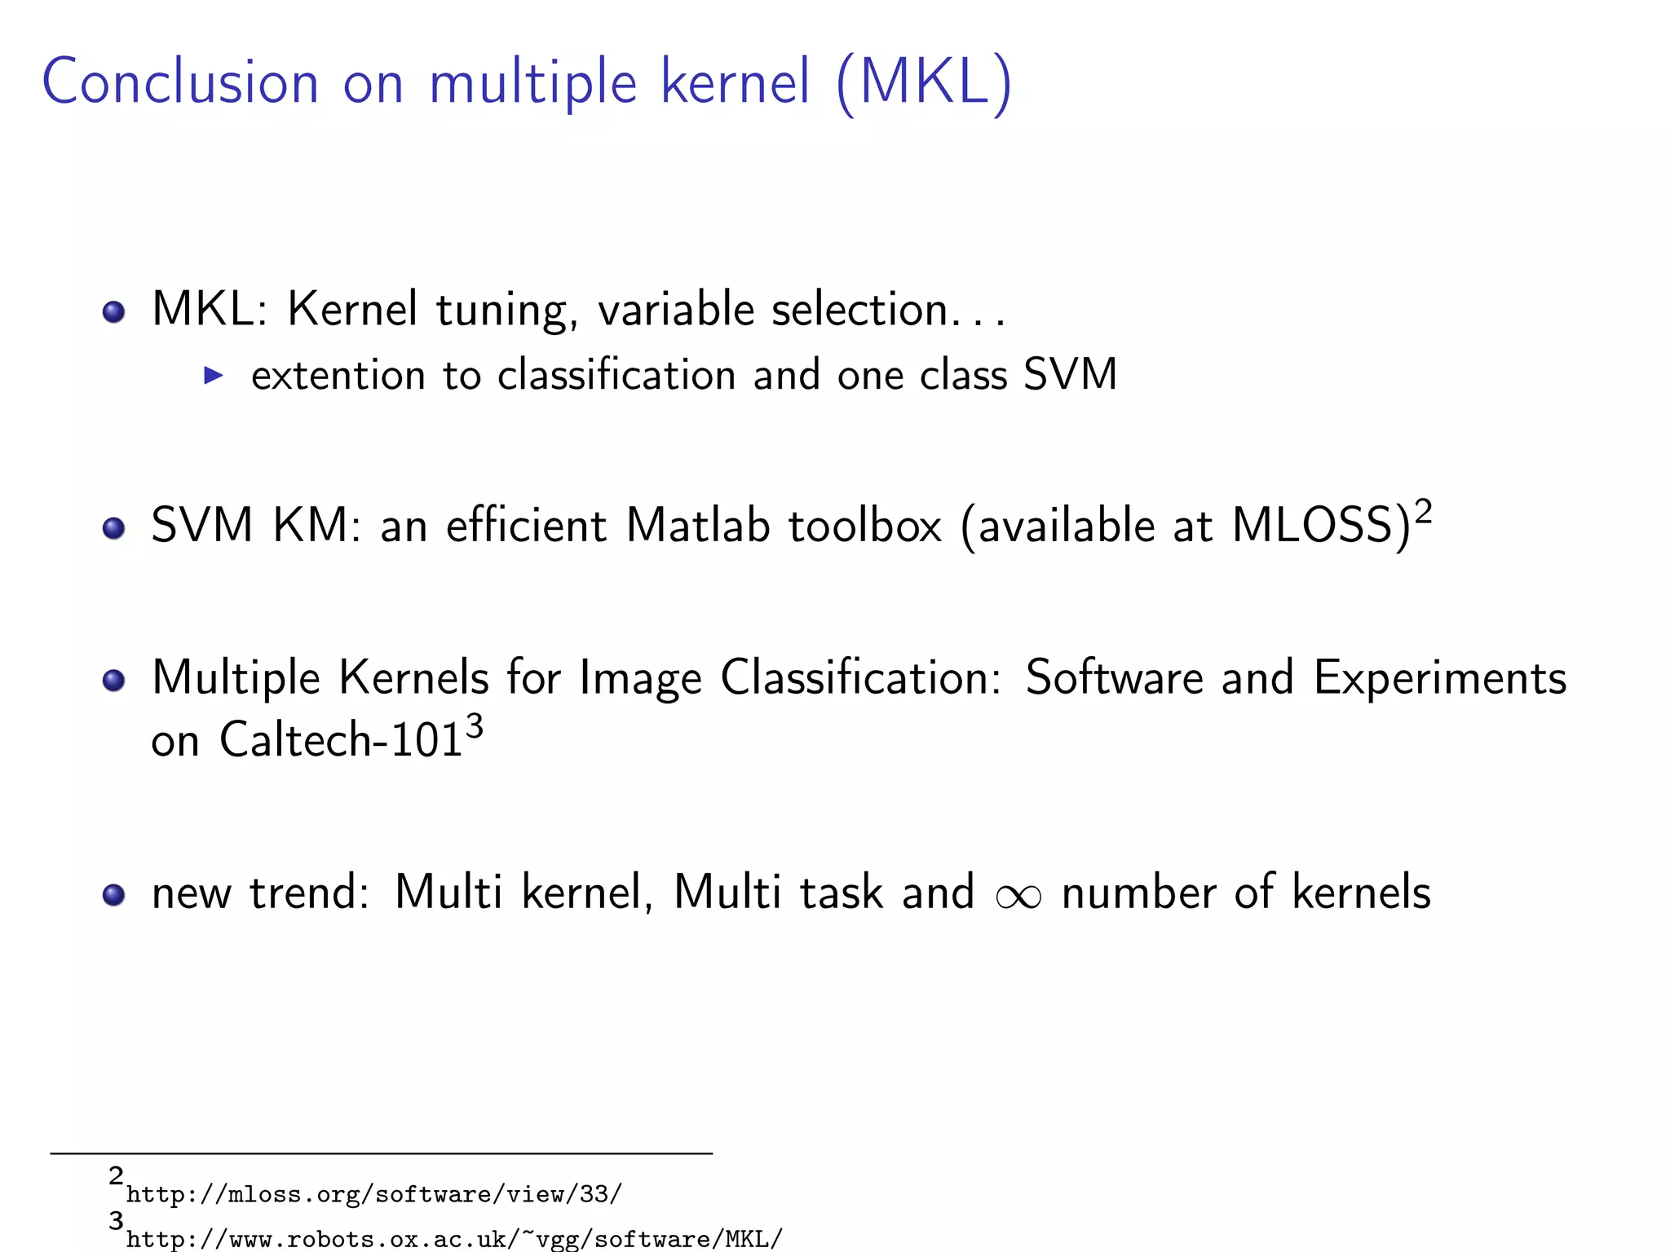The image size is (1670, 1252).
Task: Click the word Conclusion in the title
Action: pyautogui.click(x=179, y=82)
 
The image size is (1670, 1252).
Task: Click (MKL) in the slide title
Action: pyautogui.click(x=924, y=82)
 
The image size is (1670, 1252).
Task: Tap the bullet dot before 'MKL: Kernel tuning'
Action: pyautogui.click(x=113, y=312)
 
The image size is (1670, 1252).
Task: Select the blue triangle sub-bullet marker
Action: pyautogui.click(x=213, y=375)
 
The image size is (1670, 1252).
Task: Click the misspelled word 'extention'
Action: pyautogui.click(x=338, y=376)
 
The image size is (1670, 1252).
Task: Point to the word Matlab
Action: pyautogui.click(x=698, y=525)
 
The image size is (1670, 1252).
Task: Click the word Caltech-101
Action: pyautogui.click(x=341, y=740)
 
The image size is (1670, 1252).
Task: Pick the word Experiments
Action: pyautogui.click(x=1439, y=678)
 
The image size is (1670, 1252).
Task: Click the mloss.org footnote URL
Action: pyautogui.click(x=374, y=1195)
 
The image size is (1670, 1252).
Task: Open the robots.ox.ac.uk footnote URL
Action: pyautogui.click(x=454, y=1239)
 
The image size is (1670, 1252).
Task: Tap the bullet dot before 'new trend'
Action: pyautogui.click(x=113, y=895)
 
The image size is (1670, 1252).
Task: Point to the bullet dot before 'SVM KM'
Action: pyautogui.click(x=113, y=527)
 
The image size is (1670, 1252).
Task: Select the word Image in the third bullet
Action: pyautogui.click(x=640, y=678)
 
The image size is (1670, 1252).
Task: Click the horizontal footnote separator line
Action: pyautogui.click(x=382, y=1153)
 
